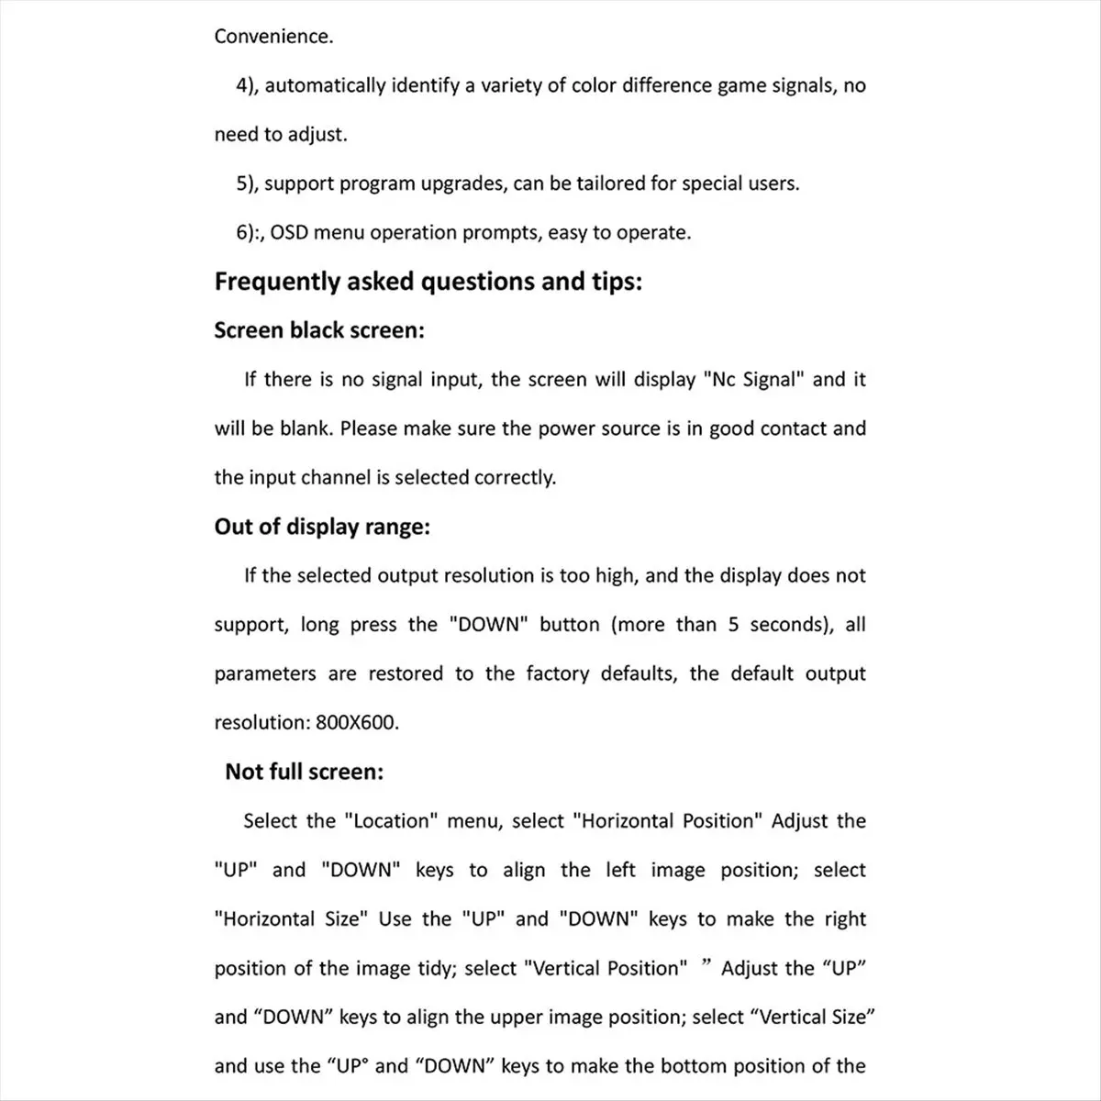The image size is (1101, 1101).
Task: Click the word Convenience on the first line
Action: point(272,37)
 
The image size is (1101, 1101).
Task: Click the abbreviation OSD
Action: point(289,233)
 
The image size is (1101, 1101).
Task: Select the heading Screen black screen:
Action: point(319,330)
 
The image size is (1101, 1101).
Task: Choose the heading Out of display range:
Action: point(322,527)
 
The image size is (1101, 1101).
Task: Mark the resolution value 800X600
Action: point(357,723)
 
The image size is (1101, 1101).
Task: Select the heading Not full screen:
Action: point(304,772)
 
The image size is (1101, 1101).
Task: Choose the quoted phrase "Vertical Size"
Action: point(814,1018)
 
